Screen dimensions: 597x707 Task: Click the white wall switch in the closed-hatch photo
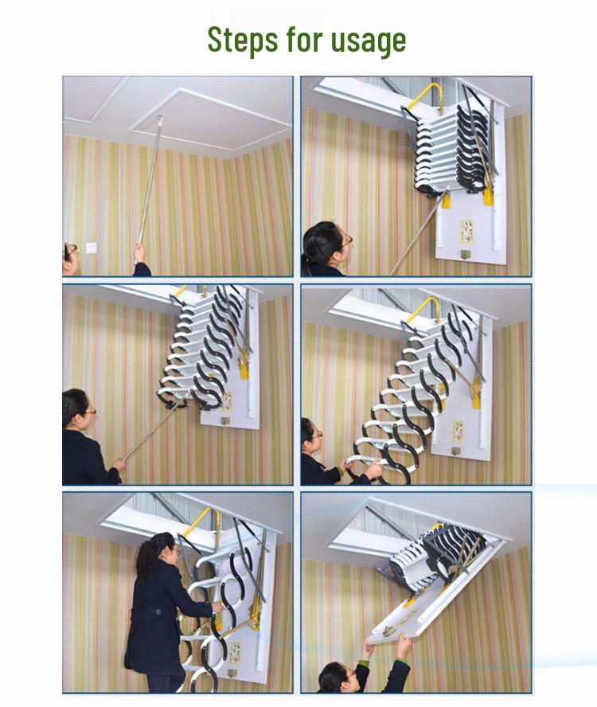point(91,248)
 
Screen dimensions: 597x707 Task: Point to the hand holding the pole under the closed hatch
point(140,253)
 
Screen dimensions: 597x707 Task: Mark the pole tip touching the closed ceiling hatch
point(159,118)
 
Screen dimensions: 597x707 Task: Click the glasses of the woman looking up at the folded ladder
point(346,240)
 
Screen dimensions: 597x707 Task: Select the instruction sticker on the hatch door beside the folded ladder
point(466,232)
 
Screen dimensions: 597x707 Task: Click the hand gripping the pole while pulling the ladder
point(119,464)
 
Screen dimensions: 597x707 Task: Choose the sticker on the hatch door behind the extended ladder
point(458,432)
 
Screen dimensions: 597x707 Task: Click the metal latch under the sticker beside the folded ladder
point(465,255)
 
